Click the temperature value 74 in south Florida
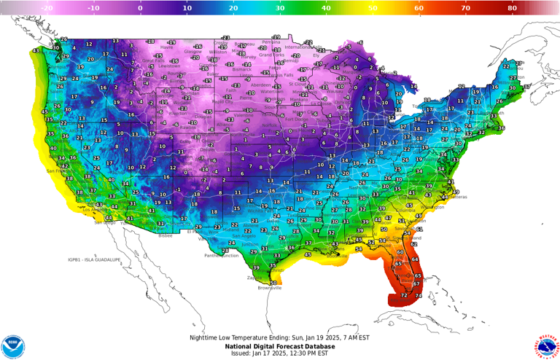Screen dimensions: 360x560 pyautogui.click(x=419, y=296)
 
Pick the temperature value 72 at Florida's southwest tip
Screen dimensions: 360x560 pyautogui.click(x=403, y=295)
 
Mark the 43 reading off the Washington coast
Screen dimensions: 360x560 pyautogui.click(x=36, y=51)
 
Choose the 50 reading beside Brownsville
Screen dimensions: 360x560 pyautogui.click(x=274, y=282)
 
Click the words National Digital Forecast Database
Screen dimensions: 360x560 pyautogui.click(x=280, y=345)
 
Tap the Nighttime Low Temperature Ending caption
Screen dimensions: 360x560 pyautogui.click(x=280, y=337)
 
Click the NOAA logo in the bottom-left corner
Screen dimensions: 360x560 pyautogui.click(x=13, y=346)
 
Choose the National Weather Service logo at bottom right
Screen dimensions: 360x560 pyautogui.click(x=546, y=346)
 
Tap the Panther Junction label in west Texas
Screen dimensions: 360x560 pyautogui.click(x=222, y=256)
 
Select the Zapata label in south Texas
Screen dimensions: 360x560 pyautogui.click(x=254, y=278)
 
